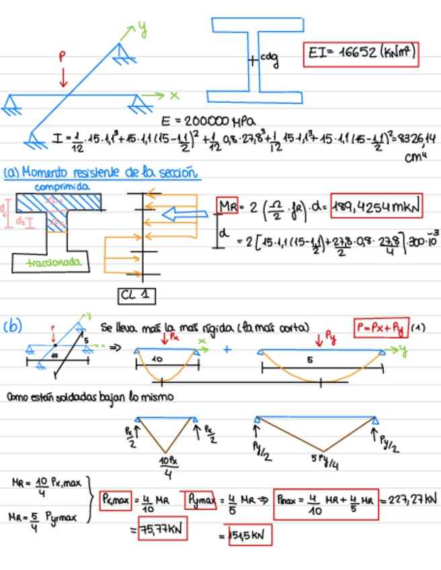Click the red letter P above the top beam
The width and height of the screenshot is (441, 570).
pyautogui.click(x=63, y=58)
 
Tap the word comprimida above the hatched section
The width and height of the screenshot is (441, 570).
pyautogui.click(x=61, y=186)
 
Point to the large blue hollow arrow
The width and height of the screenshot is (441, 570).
pyautogui.click(x=191, y=214)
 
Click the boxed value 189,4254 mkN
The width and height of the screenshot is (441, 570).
pyautogui.click(x=376, y=208)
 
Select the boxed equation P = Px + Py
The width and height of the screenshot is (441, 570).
pyautogui.click(x=380, y=329)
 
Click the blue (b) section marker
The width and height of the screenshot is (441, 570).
pyautogui.click(x=13, y=327)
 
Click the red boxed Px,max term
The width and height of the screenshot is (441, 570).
pyautogui.click(x=116, y=499)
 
